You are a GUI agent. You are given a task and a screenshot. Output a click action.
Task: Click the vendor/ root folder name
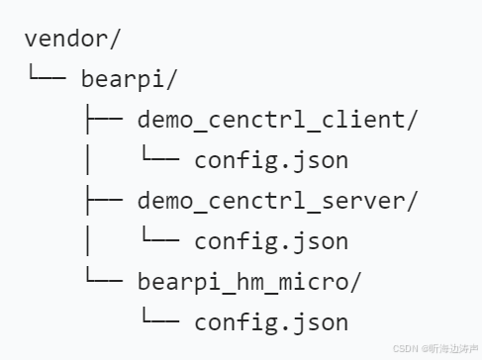tap(72, 39)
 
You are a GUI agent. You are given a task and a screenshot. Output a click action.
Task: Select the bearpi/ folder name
tap(130, 79)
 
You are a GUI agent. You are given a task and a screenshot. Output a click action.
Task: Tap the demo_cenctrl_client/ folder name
tap(277, 120)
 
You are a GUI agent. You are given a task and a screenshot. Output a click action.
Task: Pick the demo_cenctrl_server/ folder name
tap(277, 201)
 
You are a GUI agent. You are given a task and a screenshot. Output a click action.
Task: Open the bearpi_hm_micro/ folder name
tap(249, 282)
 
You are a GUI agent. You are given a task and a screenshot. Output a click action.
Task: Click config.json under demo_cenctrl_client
tap(271, 160)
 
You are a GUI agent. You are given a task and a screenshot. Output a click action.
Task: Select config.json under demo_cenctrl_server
tap(271, 241)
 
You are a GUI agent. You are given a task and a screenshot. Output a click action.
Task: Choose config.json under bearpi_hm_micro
tap(271, 322)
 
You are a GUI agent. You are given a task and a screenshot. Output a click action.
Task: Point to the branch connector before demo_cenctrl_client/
tap(104, 118)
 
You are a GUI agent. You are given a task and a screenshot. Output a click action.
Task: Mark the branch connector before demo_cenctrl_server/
tap(104, 199)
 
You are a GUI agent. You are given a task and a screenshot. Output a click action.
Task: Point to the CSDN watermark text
tap(435, 349)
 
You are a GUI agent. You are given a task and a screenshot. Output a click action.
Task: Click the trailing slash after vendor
tap(115, 39)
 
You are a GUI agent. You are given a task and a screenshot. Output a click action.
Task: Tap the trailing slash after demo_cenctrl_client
tap(412, 120)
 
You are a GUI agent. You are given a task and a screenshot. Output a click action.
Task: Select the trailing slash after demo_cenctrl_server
tap(412, 201)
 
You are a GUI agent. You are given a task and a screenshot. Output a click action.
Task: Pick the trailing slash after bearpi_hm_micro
tap(355, 282)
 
